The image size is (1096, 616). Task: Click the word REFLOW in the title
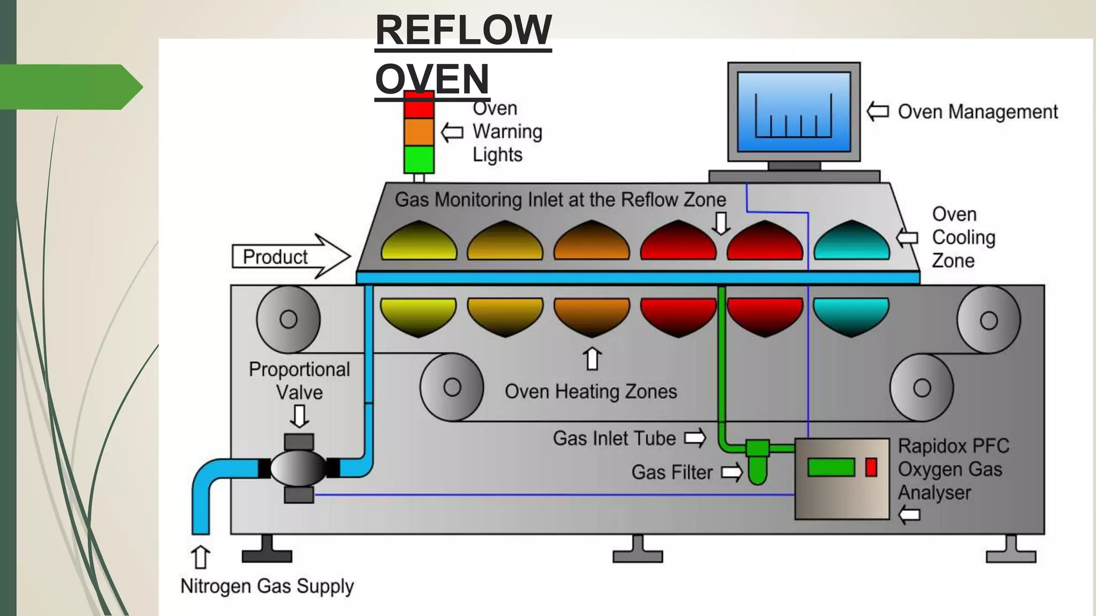[463, 30]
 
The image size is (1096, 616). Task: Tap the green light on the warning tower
[418, 159]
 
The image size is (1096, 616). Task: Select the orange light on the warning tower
[418, 132]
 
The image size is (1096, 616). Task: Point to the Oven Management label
[977, 112]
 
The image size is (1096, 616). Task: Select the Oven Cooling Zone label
[963, 237]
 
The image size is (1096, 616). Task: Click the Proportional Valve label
[299, 381]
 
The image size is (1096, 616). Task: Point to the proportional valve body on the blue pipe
[299, 468]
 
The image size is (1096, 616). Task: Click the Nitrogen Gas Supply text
[267, 586]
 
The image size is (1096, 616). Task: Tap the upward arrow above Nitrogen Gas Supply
[201, 557]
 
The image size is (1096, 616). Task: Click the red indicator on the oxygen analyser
[871, 467]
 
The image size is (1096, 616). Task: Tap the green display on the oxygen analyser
[831, 467]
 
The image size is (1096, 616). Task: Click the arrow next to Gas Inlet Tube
[695, 438]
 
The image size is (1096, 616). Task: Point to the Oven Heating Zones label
[591, 391]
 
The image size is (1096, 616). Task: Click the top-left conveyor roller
[288, 319]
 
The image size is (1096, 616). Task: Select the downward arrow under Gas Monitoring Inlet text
[721, 223]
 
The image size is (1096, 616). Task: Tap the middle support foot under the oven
[637, 551]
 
